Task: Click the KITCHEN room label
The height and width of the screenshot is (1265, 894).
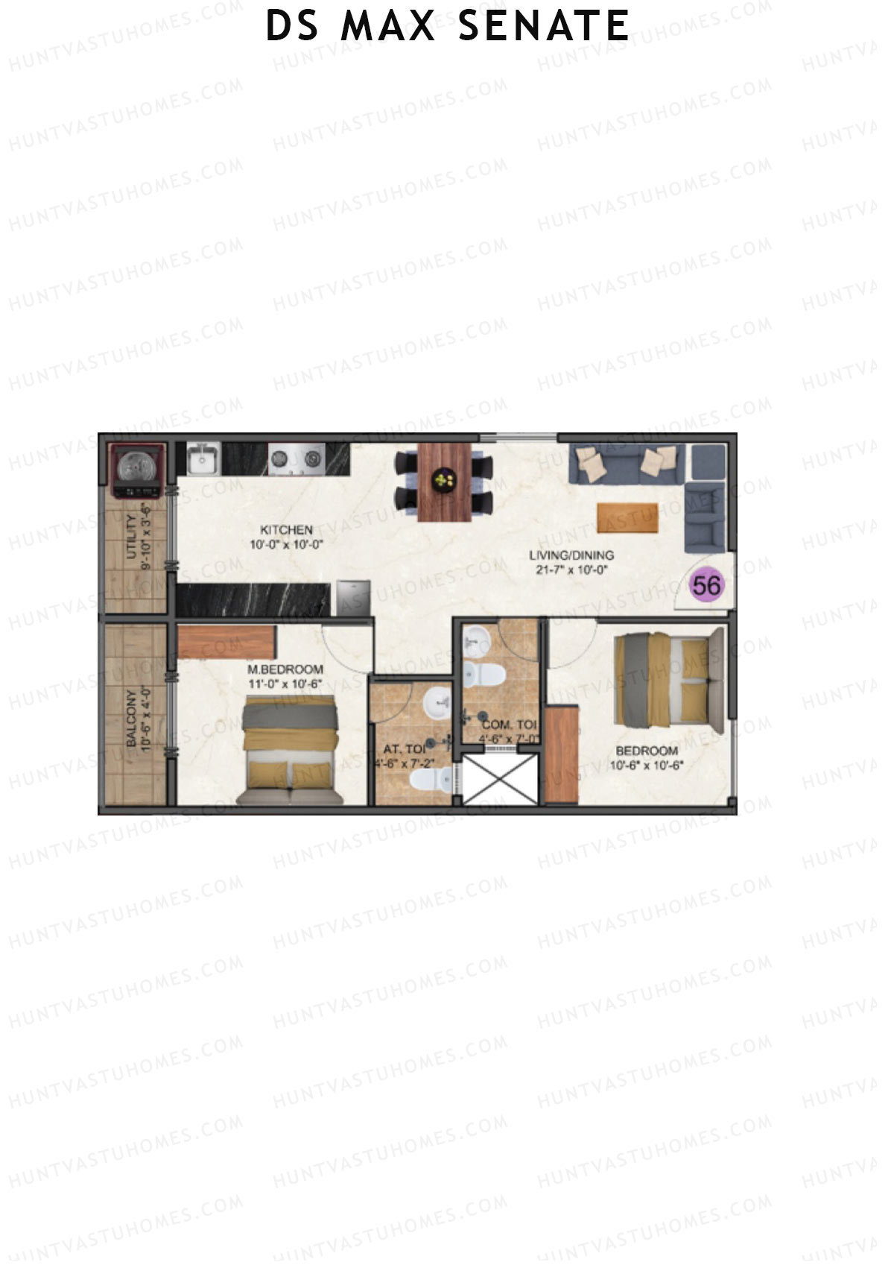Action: coord(286,530)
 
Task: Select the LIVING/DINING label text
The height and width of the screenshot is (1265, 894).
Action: coord(571,555)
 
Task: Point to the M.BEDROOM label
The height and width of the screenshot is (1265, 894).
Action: coord(285,669)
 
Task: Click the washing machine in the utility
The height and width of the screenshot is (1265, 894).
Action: coord(137,470)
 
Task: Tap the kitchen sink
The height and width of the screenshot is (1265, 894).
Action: coord(201,460)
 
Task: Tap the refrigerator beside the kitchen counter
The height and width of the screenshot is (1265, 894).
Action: coord(353,599)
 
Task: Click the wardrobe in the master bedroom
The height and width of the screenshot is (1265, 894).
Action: coord(227,642)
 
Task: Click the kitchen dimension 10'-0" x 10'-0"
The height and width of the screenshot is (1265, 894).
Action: coord(286,545)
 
